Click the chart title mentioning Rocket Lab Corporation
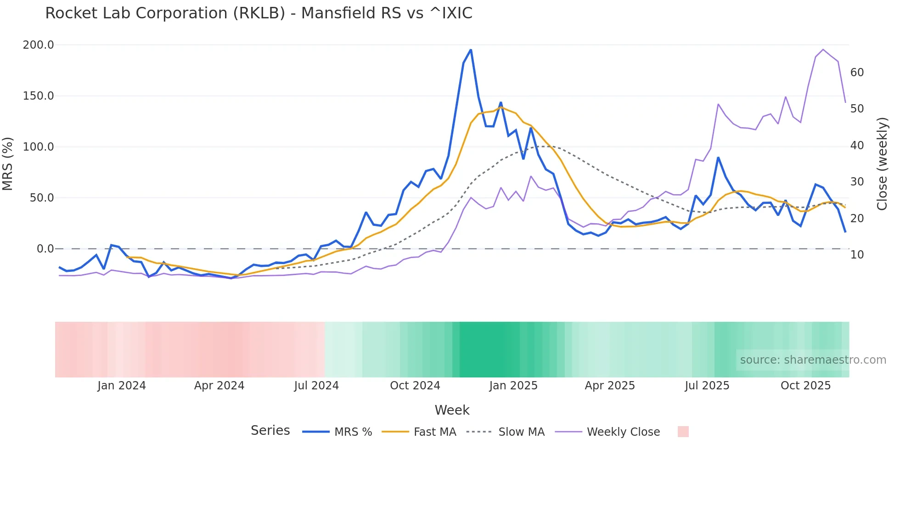click(x=259, y=13)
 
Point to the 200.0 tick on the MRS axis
click(x=39, y=45)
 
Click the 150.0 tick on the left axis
click(x=39, y=96)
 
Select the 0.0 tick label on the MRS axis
click(x=45, y=249)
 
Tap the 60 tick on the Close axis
click(x=857, y=73)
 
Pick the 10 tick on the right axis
click(x=857, y=255)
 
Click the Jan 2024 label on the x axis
click(x=121, y=386)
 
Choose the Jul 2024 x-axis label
click(x=316, y=386)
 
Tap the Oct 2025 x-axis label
click(x=805, y=386)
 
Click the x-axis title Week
click(x=452, y=410)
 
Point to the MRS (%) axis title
click(x=8, y=164)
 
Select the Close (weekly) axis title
click(x=882, y=164)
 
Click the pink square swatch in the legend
click(x=683, y=432)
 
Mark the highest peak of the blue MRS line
click(x=471, y=50)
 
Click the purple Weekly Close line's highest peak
click(x=823, y=50)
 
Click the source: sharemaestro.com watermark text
click(x=813, y=360)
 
